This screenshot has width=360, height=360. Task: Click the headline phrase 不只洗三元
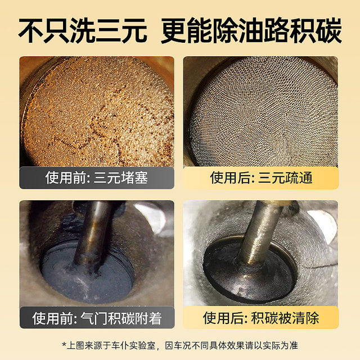pyautogui.click(x=83, y=32)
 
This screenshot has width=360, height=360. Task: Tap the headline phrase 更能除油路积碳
pyautogui.click(x=251, y=32)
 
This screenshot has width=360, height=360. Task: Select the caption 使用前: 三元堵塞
pyautogui.click(x=97, y=179)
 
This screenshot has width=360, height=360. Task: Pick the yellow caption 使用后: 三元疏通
pyautogui.click(x=261, y=179)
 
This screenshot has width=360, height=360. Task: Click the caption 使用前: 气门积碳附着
pyautogui.click(x=97, y=319)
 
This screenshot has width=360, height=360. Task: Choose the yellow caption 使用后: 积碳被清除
pyautogui.click(x=261, y=319)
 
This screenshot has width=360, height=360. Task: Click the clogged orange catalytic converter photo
pyautogui.click(x=97, y=112)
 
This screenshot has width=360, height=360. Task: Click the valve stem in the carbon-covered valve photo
pyautogui.click(x=93, y=231)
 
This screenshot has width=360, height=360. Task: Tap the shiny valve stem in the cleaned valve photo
pyautogui.click(x=259, y=231)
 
